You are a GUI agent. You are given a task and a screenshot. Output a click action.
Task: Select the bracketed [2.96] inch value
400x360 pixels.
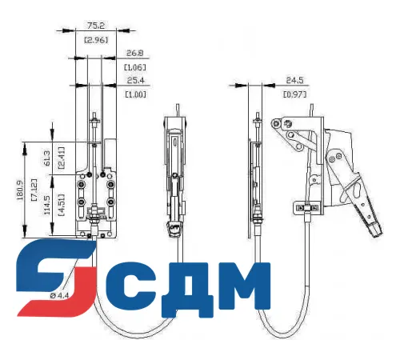point(96,39)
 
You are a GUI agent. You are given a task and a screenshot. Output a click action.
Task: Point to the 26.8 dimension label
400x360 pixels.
point(135,54)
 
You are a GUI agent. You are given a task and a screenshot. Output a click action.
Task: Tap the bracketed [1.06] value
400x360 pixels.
point(135,68)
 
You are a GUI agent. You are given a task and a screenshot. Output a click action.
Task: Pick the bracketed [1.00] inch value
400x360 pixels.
point(135,95)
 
